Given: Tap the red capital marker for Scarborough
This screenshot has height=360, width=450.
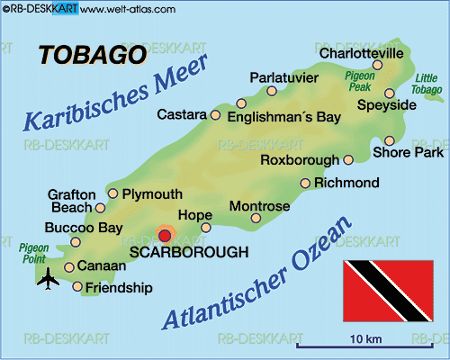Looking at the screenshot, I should coord(164,235).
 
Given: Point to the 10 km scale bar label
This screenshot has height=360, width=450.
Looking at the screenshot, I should coord(367,337).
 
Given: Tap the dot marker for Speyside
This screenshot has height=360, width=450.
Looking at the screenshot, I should coord(389,93).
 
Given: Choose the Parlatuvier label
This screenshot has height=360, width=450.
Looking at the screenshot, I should coord(285,77).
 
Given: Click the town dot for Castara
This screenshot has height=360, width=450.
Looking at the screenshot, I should coord(215,115).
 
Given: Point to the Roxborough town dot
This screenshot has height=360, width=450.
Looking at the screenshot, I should coord(348,160).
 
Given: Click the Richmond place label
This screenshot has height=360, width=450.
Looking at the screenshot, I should coord(346,183).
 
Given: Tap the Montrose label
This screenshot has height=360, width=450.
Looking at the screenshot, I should coord(259,206).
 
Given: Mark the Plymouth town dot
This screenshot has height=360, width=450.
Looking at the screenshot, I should coord(112,193).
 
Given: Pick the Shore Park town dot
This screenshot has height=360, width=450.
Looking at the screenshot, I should coord(389,140).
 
